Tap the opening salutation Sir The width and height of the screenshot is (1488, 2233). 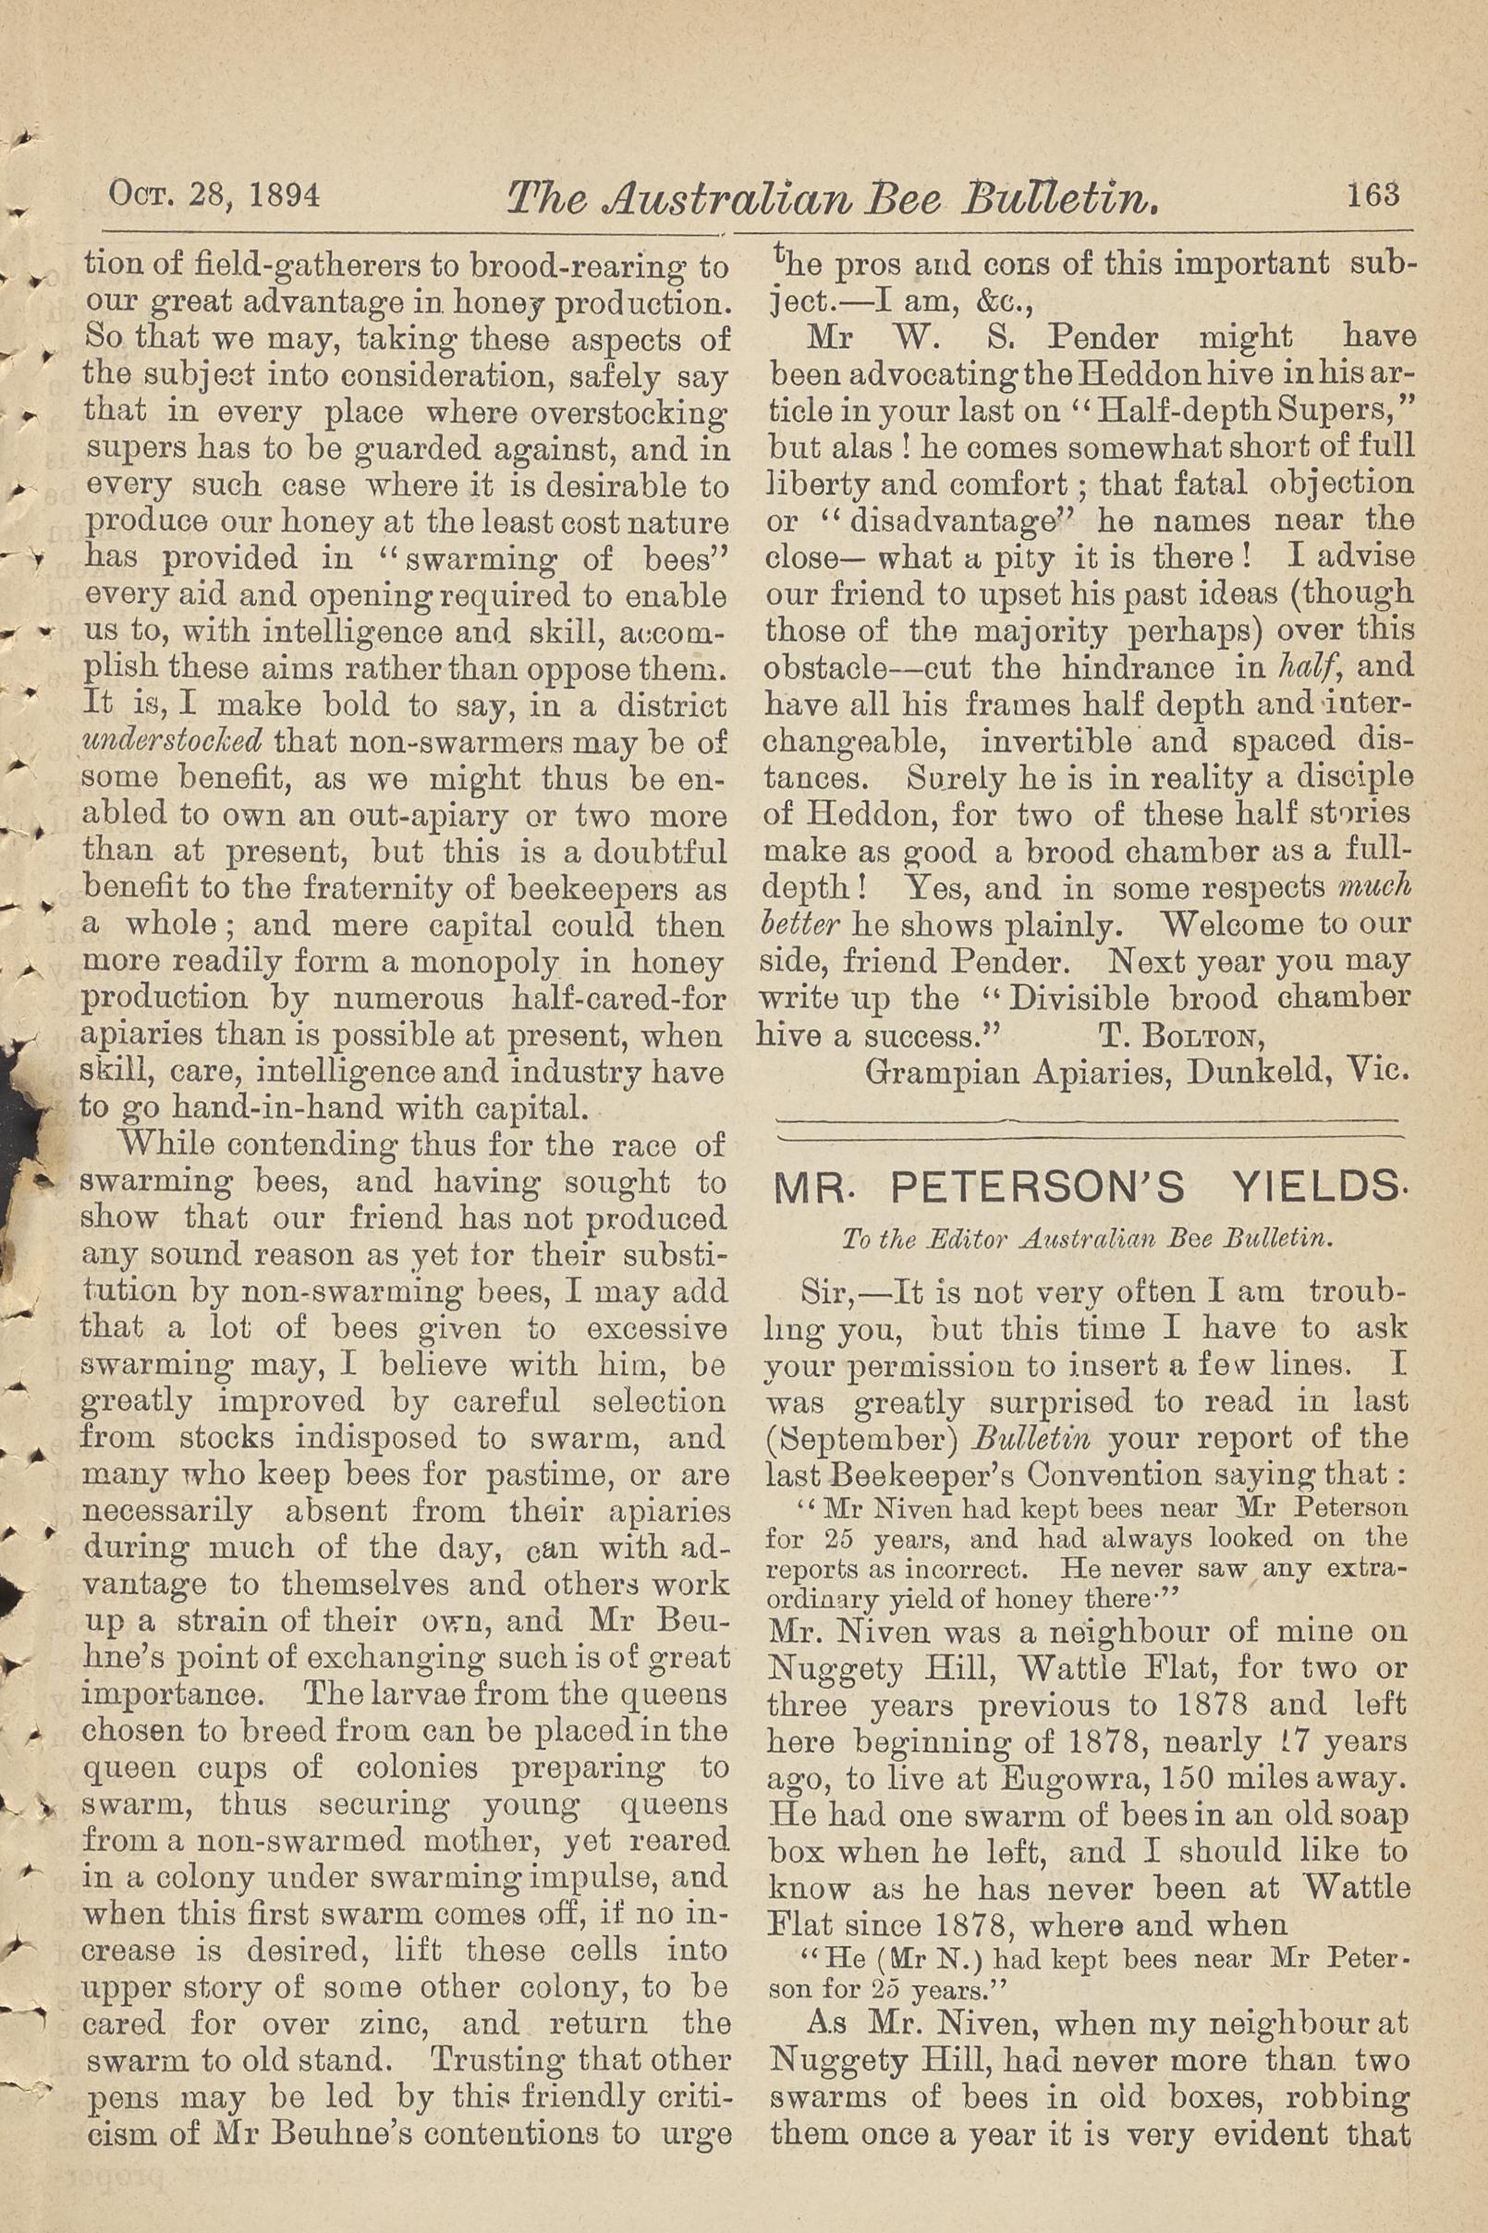821,1293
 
